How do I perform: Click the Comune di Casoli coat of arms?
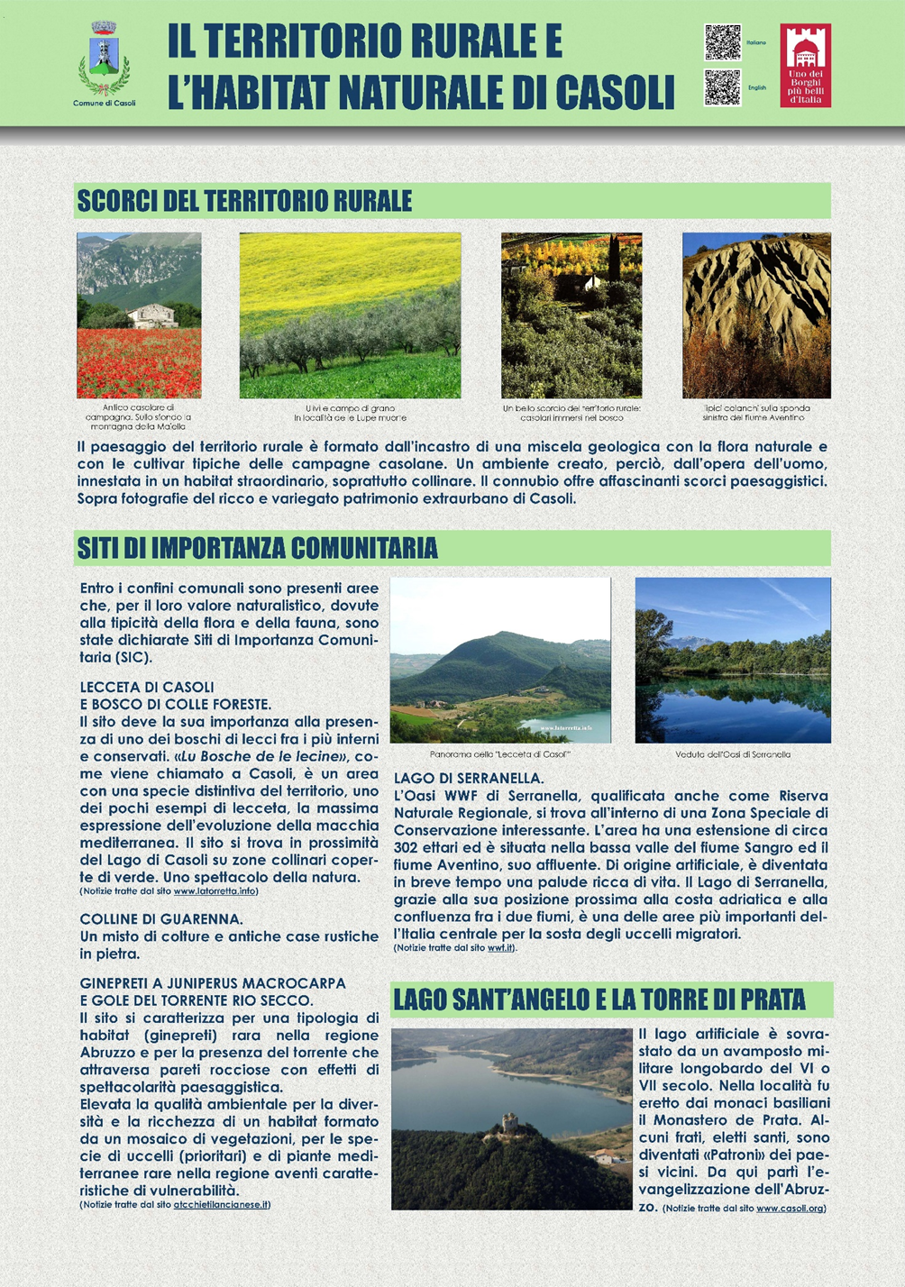pos(105,59)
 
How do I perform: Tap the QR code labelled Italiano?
pos(722,42)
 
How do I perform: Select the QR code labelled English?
pos(722,87)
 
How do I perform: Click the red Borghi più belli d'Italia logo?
pos(805,65)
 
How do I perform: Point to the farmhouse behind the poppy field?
pos(151,315)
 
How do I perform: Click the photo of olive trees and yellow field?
pos(350,315)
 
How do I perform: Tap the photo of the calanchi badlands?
pos(756,315)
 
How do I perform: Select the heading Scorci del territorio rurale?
pos(245,201)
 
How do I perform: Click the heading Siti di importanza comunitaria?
pos(258,548)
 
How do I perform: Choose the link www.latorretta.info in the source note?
pos(215,891)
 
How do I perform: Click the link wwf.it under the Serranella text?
pos(500,948)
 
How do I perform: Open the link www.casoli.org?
pos(791,1209)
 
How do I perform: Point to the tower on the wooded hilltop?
pos(510,1123)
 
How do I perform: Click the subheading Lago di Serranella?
pos(469,778)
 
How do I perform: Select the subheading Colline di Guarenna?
pos(161,919)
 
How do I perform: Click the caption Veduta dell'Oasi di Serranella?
pos(733,754)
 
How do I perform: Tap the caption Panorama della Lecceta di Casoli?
pos(500,754)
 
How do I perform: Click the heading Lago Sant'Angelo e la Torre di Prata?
pos(599,999)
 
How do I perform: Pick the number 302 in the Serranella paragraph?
pos(407,847)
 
